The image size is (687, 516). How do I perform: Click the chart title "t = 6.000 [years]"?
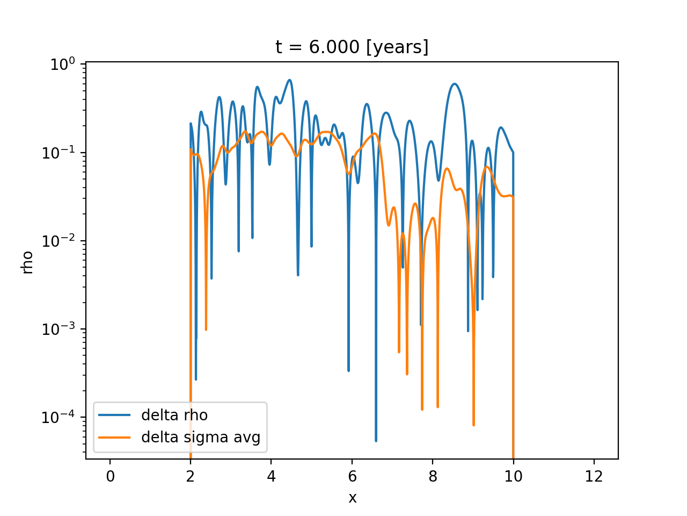click(352, 47)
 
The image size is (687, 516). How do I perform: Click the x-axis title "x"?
click(352, 498)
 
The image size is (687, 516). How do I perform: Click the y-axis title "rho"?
click(27, 262)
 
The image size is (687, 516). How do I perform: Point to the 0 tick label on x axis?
click(110, 477)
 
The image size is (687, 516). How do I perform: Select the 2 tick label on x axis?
click(191, 477)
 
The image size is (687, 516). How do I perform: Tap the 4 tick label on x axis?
click(271, 477)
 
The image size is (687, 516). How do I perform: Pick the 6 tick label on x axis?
click(352, 477)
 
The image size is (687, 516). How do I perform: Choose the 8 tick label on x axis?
click(433, 477)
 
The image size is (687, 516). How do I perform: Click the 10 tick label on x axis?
click(513, 477)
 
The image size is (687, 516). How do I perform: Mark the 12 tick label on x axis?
click(594, 477)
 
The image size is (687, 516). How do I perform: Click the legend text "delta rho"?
click(174, 415)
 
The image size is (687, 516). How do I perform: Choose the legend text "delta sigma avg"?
click(201, 438)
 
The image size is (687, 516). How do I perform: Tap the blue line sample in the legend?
click(114, 415)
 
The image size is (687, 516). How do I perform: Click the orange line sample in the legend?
click(114, 438)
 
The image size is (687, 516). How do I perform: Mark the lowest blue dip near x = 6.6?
click(376, 440)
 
